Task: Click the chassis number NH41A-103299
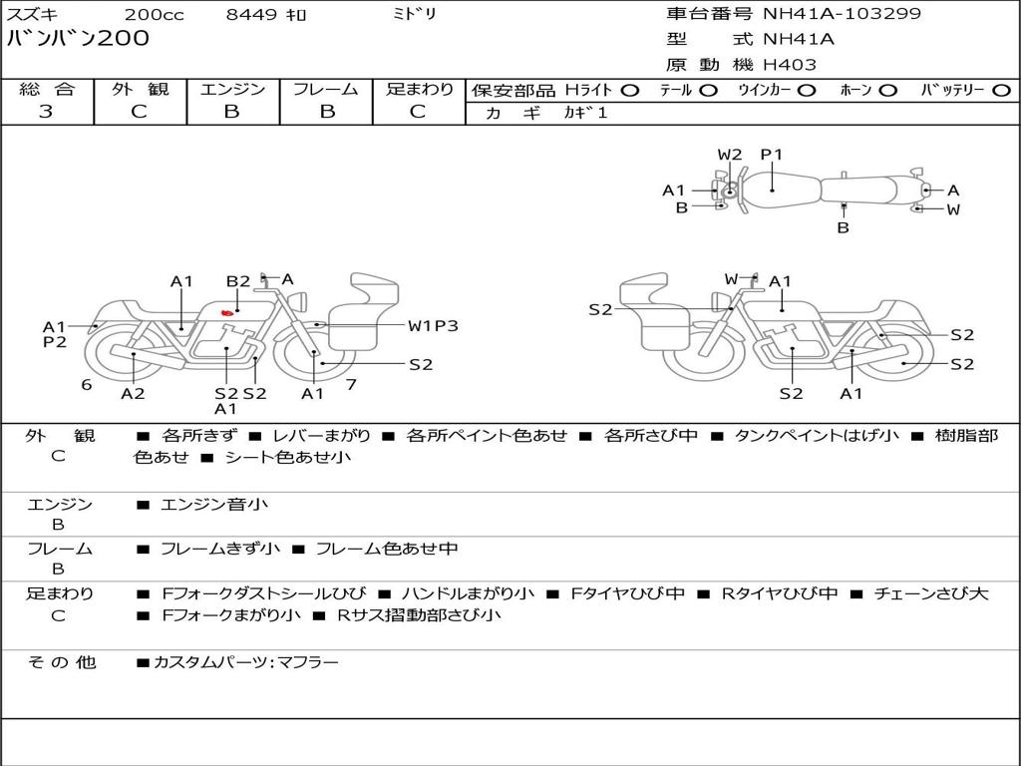click(842, 14)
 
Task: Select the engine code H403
click(790, 65)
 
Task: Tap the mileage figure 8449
click(252, 14)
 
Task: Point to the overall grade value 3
click(46, 112)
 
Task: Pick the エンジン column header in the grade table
click(232, 89)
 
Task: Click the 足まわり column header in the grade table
click(420, 89)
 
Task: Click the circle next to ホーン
click(887, 90)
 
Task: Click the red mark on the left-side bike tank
click(227, 313)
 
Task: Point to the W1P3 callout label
click(432, 325)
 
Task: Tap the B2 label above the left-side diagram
click(237, 281)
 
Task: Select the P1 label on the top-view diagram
click(772, 155)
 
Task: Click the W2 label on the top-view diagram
click(730, 155)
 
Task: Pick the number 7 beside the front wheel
click(351, 384)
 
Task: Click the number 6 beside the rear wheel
click(87, 384)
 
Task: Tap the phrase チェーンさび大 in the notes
click(931, 593)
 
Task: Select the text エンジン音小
click(214, 505)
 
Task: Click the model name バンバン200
click(78, 39)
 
